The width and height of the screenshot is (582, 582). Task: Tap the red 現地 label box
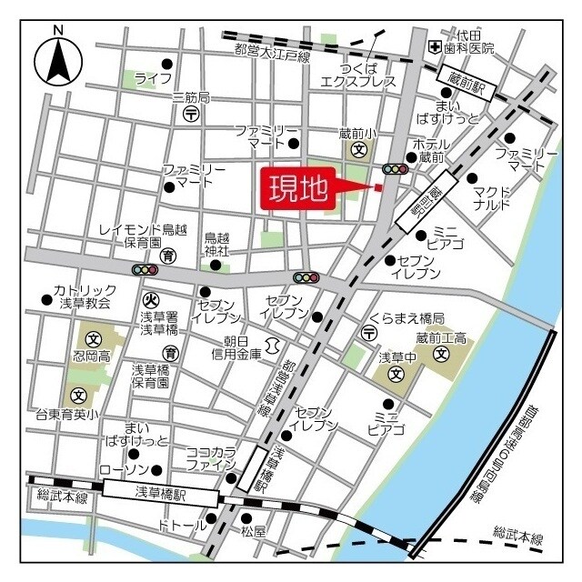pos(298,189)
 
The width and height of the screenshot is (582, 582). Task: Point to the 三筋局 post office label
pos(191,97)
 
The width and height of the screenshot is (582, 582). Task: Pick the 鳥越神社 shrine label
pos(216,243)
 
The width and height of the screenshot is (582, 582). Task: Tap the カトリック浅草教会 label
pos(81,295)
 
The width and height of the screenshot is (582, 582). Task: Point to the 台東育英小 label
pos(79,414)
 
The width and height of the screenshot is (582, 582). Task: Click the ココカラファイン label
pos(212,457)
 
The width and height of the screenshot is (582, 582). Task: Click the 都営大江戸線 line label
pos(272,54)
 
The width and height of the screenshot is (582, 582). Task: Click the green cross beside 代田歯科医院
pos(437,46)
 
